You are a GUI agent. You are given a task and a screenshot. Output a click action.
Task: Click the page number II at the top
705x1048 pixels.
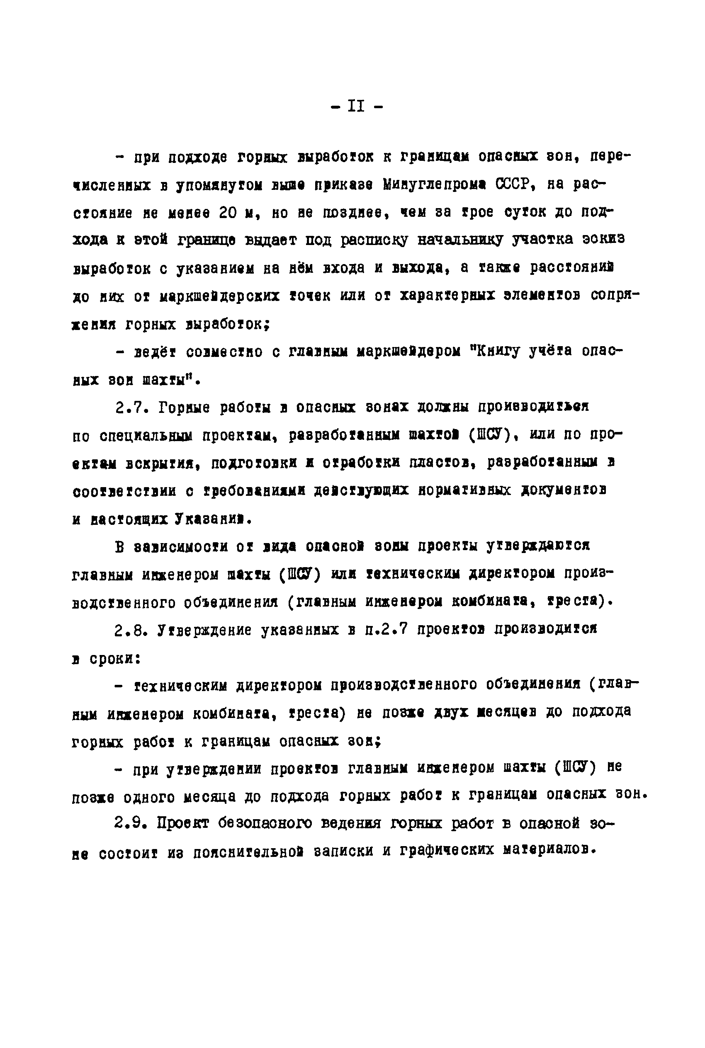pos(356,106)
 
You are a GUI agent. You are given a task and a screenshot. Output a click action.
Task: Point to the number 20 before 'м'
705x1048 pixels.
pos(228,212)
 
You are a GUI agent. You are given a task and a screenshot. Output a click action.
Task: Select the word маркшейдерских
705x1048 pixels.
pos(219,296)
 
